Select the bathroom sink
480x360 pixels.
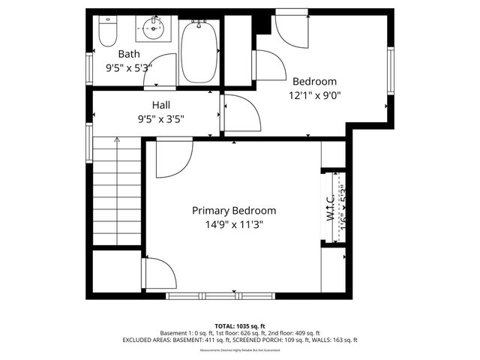tap(151, 31)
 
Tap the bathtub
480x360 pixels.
tap(199, 52)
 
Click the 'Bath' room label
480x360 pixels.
tap(129, 54)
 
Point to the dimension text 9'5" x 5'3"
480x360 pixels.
tap(129, 67)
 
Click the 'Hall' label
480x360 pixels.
tap(161, 105)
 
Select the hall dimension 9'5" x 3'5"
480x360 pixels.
tap(160, 118)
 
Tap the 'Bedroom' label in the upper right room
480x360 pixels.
tap(314, 81)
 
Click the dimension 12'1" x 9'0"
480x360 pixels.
tap(315, 94)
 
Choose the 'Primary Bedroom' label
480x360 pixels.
tap(234, 211)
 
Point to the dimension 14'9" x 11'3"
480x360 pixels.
tap(234, 224)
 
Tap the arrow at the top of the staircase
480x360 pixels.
tap(116, 140)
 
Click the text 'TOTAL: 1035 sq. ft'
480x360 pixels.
tap(239, 326)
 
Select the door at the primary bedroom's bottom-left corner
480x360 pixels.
tap(160, 272)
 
